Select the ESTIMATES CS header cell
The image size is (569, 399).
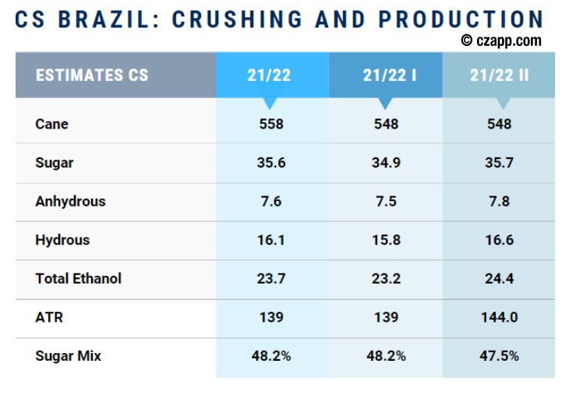pyautogui.click(x=92, y=76)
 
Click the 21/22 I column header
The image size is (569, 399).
pyautogui.click(x=385, y=76)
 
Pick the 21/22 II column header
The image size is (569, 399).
pyautogui.click(x=499, y=76)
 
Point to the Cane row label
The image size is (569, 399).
pyautogui.click(x=51, y=124)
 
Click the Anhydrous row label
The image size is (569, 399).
pyautogui.click(x=70, y=201)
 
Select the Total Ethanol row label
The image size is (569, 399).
pyautogui.click(x=78, y=278)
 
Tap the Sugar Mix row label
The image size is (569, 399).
pyautogui.click(x=68, y=356)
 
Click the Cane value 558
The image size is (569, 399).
pyautogui.click(x=271, y=124)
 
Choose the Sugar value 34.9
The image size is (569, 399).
pyautogui.click(x=385, y=163)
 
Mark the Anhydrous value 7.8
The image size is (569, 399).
pyautogui.click(x=499, y=201)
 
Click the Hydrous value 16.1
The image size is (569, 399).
pyautogui.click(x=271, y=240)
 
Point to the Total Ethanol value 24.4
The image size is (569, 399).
pyautogui.click(x=499, y=278)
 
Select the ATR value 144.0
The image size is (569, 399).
pyautogui.click(x=499, y=317)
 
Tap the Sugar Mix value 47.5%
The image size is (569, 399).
pyautogui.click(x=499, y=356)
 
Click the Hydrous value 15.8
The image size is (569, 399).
pyautogui.click(x=385, y=240)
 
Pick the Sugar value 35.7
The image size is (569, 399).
pyautogui.click(x=499, y=163)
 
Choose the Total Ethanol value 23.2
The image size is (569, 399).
pyautogui.click(x=385, y=278)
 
